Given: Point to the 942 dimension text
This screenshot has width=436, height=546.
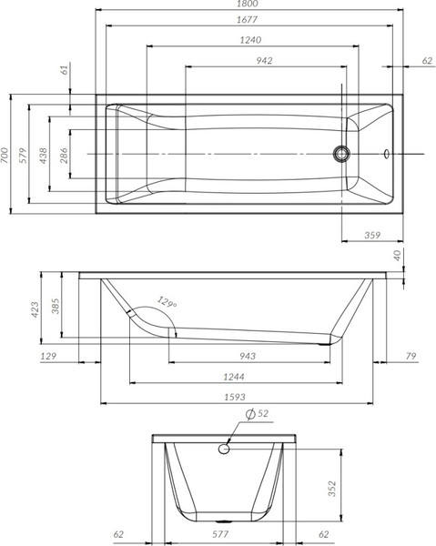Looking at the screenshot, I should tap(265, 60).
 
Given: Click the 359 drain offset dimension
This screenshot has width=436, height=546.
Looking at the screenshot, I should tap(370, 236).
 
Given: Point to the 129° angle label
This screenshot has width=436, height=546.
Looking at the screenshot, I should tap(166, 301).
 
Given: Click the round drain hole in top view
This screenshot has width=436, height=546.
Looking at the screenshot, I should tap(343, 153).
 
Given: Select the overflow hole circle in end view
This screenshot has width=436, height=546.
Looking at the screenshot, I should tap(226, 446).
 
